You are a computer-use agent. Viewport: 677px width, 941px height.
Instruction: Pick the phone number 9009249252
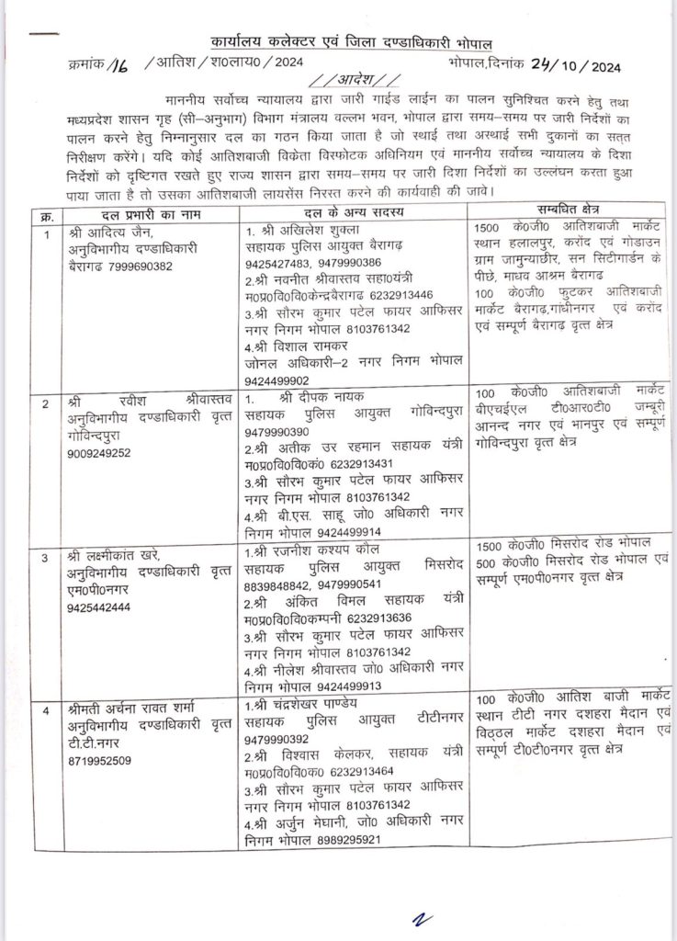pos(104,453)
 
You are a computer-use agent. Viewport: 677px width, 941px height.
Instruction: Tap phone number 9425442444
pos(105,607)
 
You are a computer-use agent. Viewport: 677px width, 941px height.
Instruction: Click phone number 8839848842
pos(284,586)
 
